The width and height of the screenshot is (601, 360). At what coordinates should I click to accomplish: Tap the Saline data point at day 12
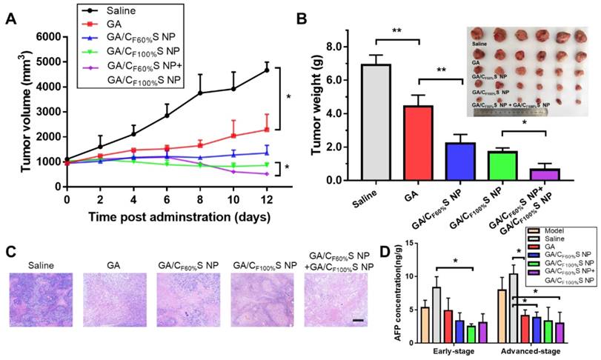pyautogui.click(x=267, y=70)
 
